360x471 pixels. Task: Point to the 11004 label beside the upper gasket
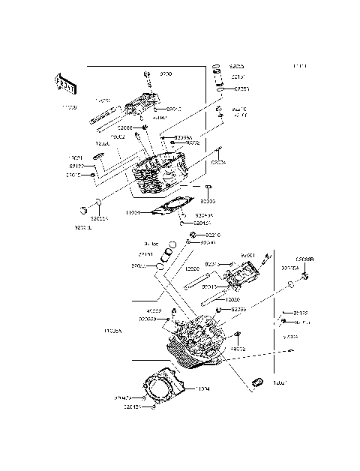click(133, 213)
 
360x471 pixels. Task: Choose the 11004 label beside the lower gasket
click(202, 389)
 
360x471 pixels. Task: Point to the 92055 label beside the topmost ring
click(236, 67)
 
